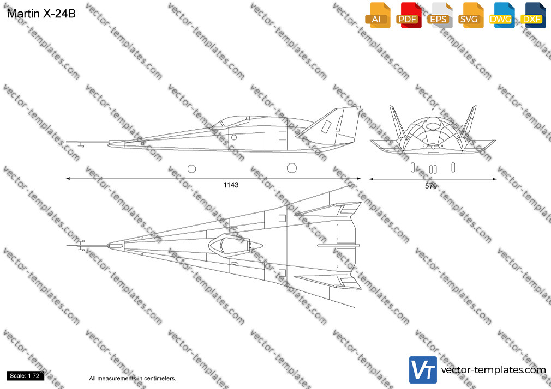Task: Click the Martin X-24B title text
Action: pos(41,14)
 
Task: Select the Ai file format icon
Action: pos(378,15)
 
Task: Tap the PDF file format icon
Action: pos(409,15)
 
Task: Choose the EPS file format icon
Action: pos(440,15)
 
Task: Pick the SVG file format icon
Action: pos(470,15)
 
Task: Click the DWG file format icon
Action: pos(501,15)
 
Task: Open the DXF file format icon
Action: pos(533,15)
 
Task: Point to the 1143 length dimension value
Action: pos(231,185)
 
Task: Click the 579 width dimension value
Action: pos(431,186)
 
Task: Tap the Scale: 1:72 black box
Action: pos(25,376)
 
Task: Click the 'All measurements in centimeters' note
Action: pos(133,379)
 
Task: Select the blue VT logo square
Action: pos(423,370)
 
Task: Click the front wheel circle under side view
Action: pos(191,169)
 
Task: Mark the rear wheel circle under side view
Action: pos(292,168)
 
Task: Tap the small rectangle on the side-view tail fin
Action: pos(326,126)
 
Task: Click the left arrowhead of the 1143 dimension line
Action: pos(68,179)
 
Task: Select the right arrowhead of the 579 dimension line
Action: pos(494,179)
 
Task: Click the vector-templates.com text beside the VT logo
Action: pos(493,370)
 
